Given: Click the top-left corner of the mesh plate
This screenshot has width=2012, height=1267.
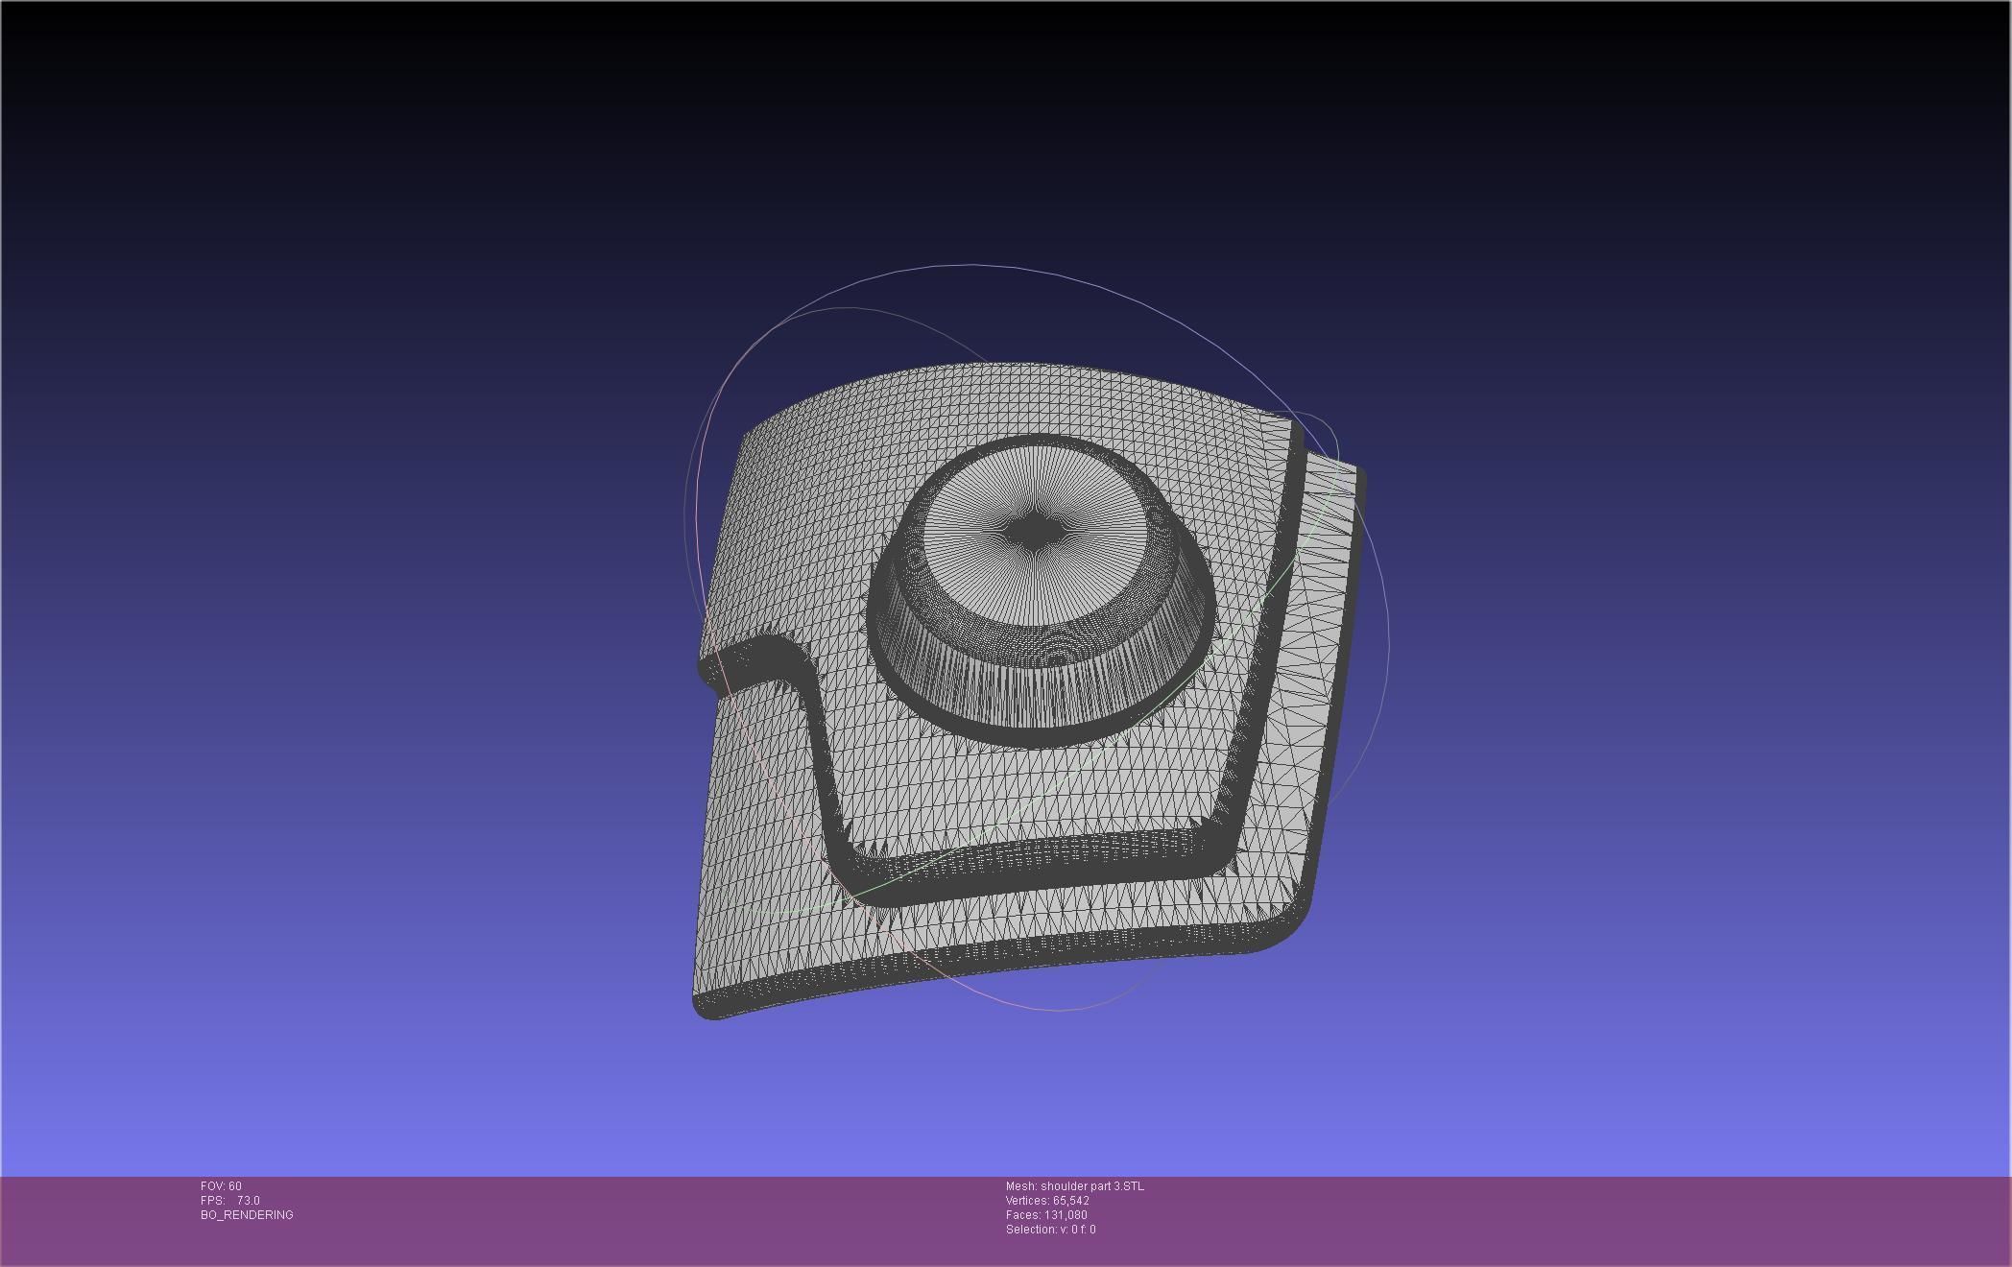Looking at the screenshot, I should pyautogui.click(x=747, y=437).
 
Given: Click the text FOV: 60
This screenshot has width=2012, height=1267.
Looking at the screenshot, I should pyautogui.click(x=221, y=1186).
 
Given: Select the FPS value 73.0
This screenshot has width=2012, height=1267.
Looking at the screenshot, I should pyautogui.click(x=248, y=1201).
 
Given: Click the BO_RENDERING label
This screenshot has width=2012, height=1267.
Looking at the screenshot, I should pyautogui.click(x=247, y=1215).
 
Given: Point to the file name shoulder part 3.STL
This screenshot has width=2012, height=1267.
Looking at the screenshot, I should pyautogui.click(x=1092, y=1186).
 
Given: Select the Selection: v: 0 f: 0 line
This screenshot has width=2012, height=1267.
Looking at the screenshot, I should pyautogui.click(x=1050, y=1230).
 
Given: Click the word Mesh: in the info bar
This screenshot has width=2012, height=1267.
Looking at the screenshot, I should pyautogui.click(x=1020, y=1186).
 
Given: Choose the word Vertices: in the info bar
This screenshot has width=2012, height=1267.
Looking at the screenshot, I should pyautogui.click(x=1027, y=1201).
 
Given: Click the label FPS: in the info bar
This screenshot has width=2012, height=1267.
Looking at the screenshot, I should pyautogui.click(x=212, y=1201).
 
